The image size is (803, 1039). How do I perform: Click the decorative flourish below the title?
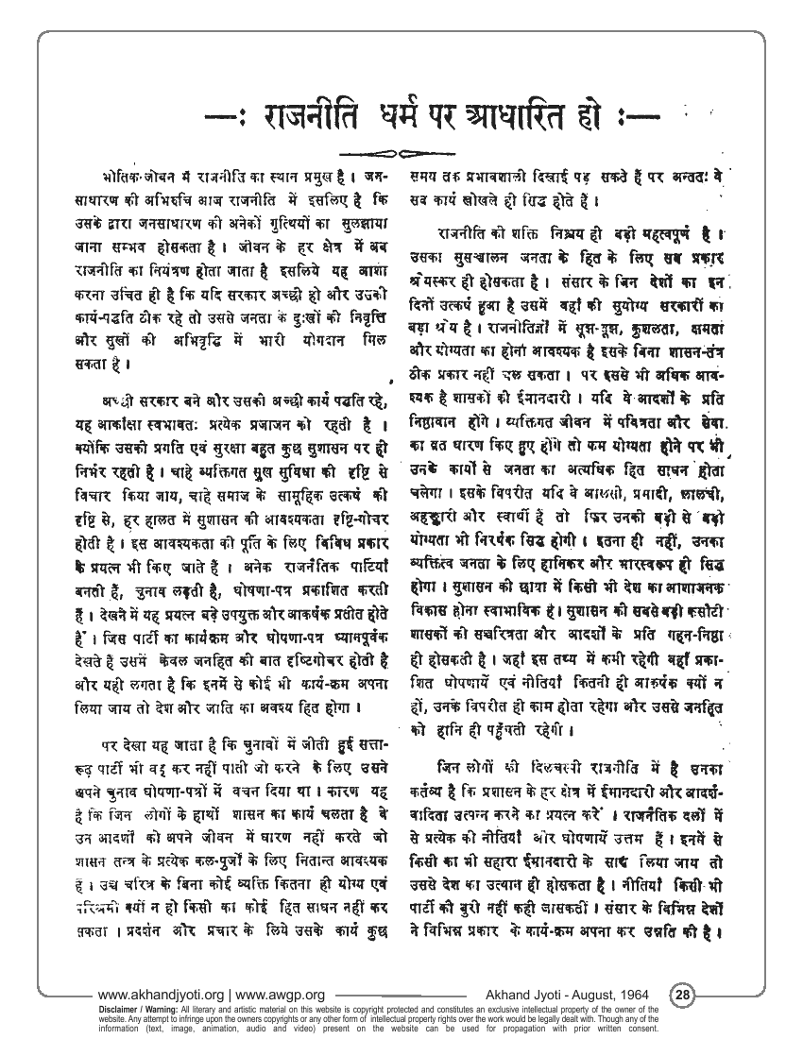coord(401,153)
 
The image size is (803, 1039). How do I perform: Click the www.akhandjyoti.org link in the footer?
coord(159,995)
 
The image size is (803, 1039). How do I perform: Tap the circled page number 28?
coord(683,995)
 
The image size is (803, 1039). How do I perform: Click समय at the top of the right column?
coord(426,177)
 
